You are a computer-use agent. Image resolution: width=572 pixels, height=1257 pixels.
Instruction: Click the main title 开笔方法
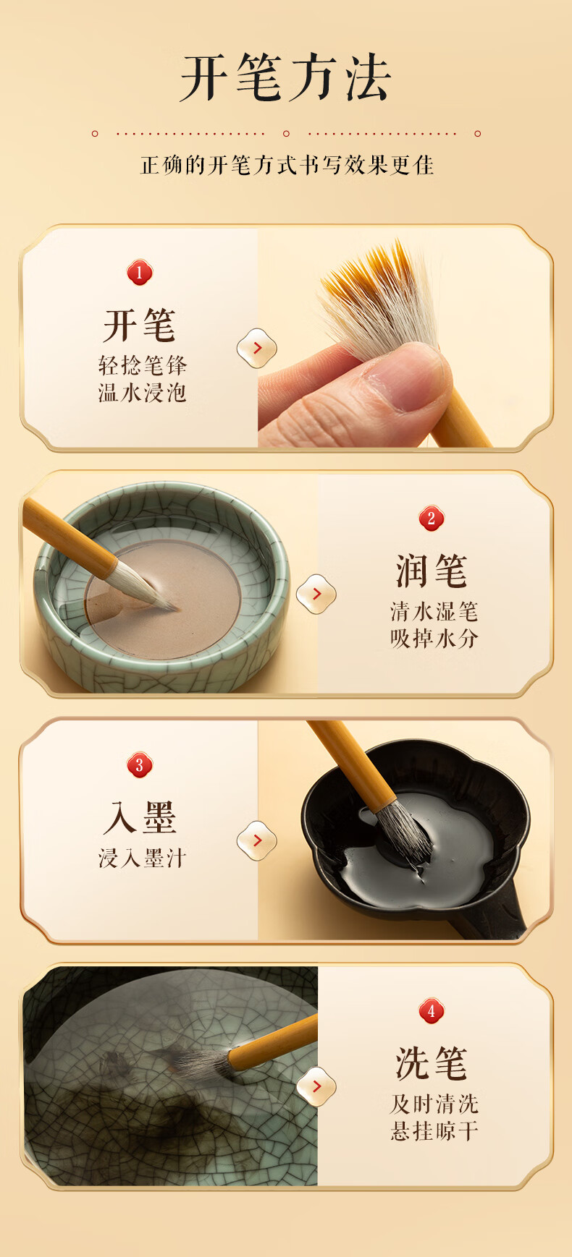coord(286,78)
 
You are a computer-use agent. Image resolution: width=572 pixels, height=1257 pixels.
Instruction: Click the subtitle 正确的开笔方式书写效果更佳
coord(287,165)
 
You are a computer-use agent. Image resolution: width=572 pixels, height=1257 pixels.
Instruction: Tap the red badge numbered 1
coord(140,273)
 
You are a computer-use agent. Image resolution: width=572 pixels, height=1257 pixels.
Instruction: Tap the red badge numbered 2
coord(432,518)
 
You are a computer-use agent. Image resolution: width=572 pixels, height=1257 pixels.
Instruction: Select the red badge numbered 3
coord(140,765)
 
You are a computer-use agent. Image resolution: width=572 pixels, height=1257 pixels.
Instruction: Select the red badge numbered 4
coord(432,1011)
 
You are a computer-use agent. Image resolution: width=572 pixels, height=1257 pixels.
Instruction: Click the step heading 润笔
coord(432,571)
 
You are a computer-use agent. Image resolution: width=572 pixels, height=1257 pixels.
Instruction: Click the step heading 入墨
coord(140,817)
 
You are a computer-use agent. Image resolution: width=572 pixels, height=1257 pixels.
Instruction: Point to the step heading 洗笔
coord(432,1063)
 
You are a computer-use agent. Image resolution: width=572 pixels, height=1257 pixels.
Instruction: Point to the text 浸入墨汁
coord(143,858)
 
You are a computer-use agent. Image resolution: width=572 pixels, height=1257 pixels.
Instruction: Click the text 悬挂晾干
coord(434,1131)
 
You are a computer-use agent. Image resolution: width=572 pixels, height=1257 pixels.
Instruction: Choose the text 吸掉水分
coord(434,639)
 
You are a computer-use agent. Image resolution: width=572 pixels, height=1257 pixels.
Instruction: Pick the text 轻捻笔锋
coord(143,365)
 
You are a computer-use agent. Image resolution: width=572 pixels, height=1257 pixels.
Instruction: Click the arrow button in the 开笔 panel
coord(257,348)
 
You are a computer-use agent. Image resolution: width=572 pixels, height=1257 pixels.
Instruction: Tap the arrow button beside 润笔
coord(316,594)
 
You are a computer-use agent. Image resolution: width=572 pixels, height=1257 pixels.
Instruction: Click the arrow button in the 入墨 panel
coord(257,840)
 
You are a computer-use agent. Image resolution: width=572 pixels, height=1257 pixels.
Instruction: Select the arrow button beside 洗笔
coord(316,1086)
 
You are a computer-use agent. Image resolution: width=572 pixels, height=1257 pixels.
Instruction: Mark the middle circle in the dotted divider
coord(286,133)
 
